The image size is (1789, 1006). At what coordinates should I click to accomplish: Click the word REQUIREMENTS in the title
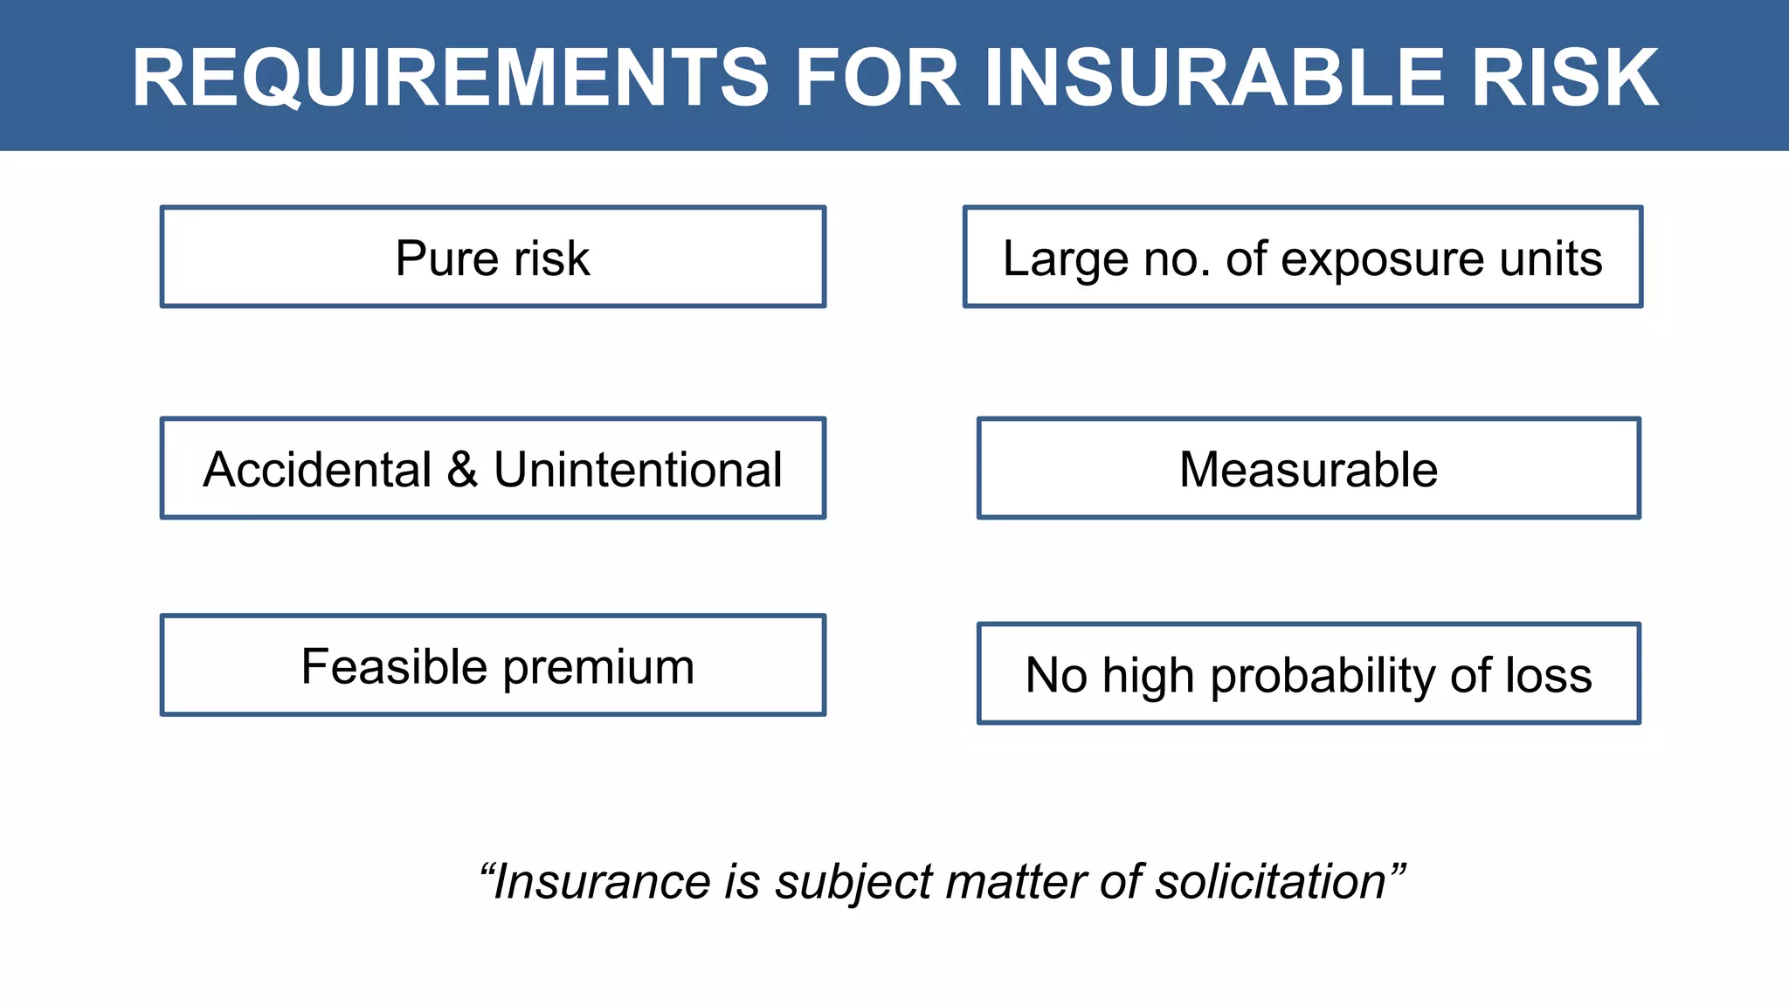click(450, 79)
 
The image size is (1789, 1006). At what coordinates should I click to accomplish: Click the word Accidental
click(317, 470)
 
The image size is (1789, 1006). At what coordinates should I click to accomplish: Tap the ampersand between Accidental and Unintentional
click(462, 470)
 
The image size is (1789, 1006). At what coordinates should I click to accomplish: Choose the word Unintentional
click(638, 470)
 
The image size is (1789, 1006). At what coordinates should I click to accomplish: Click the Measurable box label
click(1308, 470)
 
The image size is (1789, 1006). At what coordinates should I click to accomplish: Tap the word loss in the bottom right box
click(1548, 676)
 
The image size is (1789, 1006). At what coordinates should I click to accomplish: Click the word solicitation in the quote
click(1271, 882)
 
